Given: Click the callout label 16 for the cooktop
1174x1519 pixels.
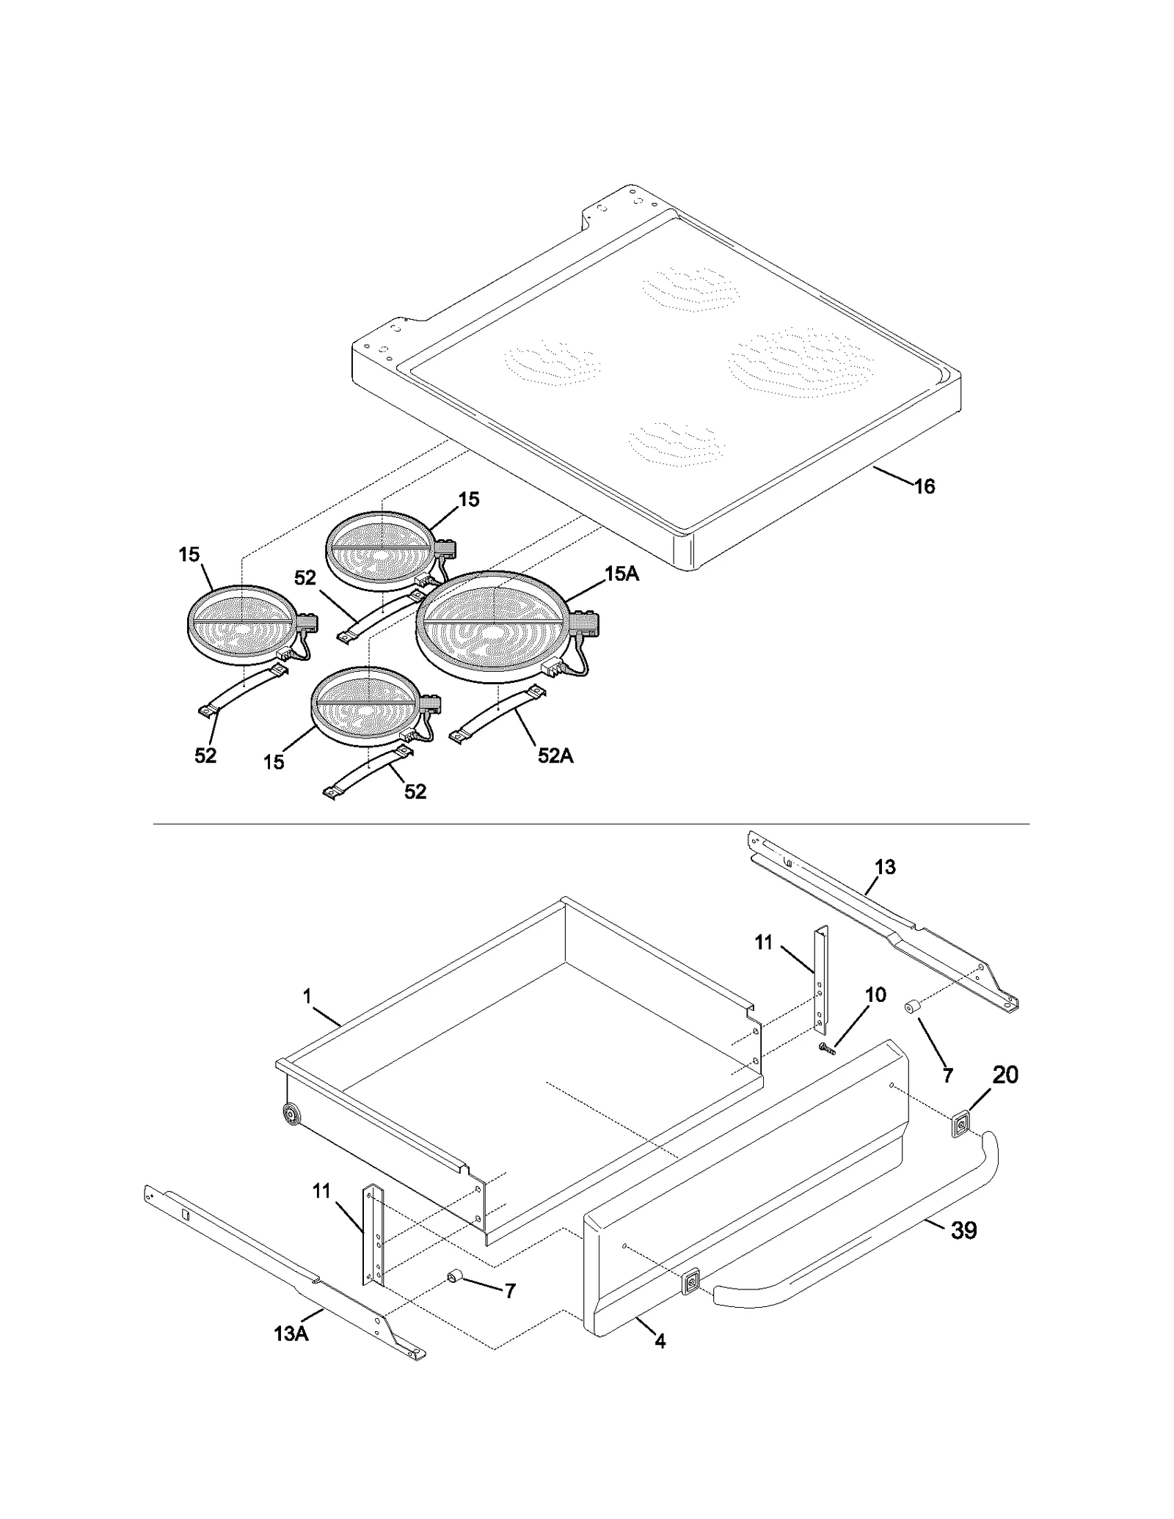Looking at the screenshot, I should pyautogui.click(x=925, y=486).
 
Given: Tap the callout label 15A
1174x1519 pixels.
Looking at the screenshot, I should pyautogui.click(x=621, y=574).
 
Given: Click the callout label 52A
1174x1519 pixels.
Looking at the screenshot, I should pyautogui.click(x=555, y=755).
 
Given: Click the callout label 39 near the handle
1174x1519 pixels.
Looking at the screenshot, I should pyautogui.click(x=963, y=1230).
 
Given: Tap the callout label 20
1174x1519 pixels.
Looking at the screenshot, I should pyautogui.click(x=1005, y=1075).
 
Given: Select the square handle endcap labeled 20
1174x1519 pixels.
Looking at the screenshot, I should pyautogui.click(x=960, y=1124).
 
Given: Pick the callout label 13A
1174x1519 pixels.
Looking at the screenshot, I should pyautogui.click(x=291, y=1333).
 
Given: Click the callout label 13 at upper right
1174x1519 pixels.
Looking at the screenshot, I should pyautogui.click(x=885, y=867).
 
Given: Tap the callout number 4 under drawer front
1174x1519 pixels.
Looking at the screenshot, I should pyautogui.click(x=660, y=1342).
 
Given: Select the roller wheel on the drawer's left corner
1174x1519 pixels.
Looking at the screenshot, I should pyautogui.click(x=292, y=1116).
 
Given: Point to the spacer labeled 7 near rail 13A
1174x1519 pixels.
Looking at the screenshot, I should pyautogui.click(x=454, y=1279).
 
